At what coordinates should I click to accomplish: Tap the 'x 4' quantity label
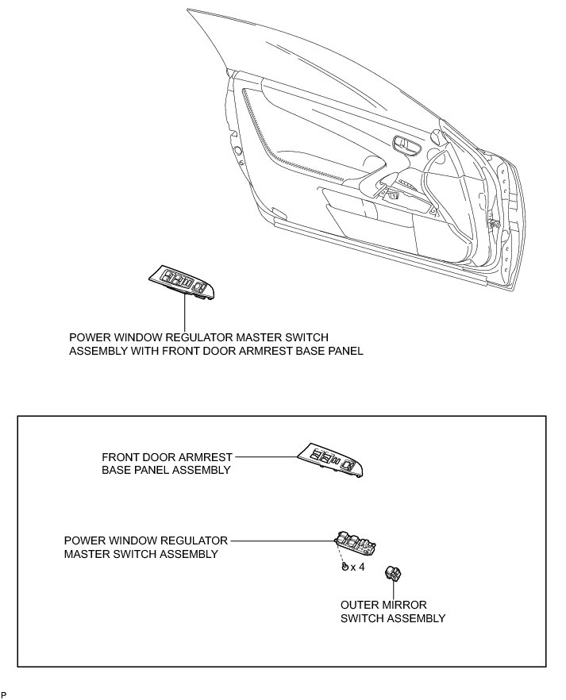click(x=356, y=567)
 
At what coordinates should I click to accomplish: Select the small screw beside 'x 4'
click(x=345, y=567)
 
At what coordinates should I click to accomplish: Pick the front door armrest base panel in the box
click(x=331, y=460)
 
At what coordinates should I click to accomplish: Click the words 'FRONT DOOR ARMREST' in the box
click(x=167, y=457)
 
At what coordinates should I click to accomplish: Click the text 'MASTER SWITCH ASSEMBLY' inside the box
click(x=141, y=554)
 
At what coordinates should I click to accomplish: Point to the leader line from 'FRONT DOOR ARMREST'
click(x=267, y=457)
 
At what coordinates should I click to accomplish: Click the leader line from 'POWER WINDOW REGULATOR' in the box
click(x=283, y=540)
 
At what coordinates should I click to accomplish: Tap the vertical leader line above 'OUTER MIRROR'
click(x=393, y=591)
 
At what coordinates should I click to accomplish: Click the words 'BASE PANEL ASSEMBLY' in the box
click(x=166, y=470)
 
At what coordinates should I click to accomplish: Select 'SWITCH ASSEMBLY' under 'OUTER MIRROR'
click(x=393, y=618)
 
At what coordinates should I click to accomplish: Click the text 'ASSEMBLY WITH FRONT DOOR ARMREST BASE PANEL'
click(x=216, y=350)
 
